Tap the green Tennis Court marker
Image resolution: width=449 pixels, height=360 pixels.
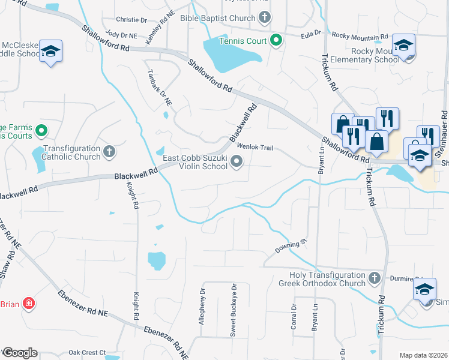276,41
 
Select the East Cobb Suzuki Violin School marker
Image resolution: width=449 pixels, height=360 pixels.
237,161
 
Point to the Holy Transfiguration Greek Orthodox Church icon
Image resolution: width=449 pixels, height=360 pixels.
374,278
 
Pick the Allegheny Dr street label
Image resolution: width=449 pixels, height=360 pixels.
202,306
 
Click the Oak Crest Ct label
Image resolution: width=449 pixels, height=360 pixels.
87,352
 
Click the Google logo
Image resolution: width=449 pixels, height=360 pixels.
20,353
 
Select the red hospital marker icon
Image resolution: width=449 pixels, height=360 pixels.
28,304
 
